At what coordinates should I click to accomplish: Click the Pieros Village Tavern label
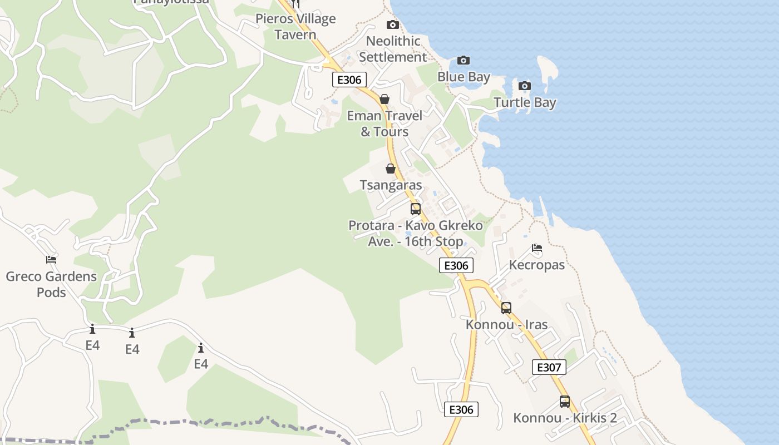(x=295, y=27)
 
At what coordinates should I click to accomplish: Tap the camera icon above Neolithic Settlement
(x=392, y=24)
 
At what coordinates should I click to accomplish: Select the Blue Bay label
(x=464, y=77)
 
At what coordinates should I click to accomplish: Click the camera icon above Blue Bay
(x=463, y=60)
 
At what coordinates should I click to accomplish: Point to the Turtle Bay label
(x=525, y=102)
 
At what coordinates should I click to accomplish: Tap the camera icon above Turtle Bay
(x=524, y=86)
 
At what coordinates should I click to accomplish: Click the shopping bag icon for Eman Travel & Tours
(x=384, y=99)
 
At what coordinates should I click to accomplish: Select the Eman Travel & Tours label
(x=384, y=123)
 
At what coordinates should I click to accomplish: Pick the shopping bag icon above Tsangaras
(x=391, y=169)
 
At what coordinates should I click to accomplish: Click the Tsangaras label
(x=391, y=185)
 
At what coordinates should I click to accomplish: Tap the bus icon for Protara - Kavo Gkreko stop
(x=416, y=209)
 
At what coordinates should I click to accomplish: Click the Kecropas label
(x=537, y=265)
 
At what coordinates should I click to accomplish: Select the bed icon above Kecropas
(x=536, y=248)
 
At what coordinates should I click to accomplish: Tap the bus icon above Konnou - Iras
(x=506, y=308)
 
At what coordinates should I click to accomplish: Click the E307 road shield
(x=549, y=367)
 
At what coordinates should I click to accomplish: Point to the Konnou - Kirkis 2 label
(x=565, y=418)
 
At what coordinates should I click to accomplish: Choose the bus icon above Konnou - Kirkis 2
(x=565, y=401)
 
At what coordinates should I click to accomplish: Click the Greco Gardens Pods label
(x=51, y=284)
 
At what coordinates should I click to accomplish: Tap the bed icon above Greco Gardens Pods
(x=51, y=260)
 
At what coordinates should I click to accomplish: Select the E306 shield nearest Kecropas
(x=456, y=265)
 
